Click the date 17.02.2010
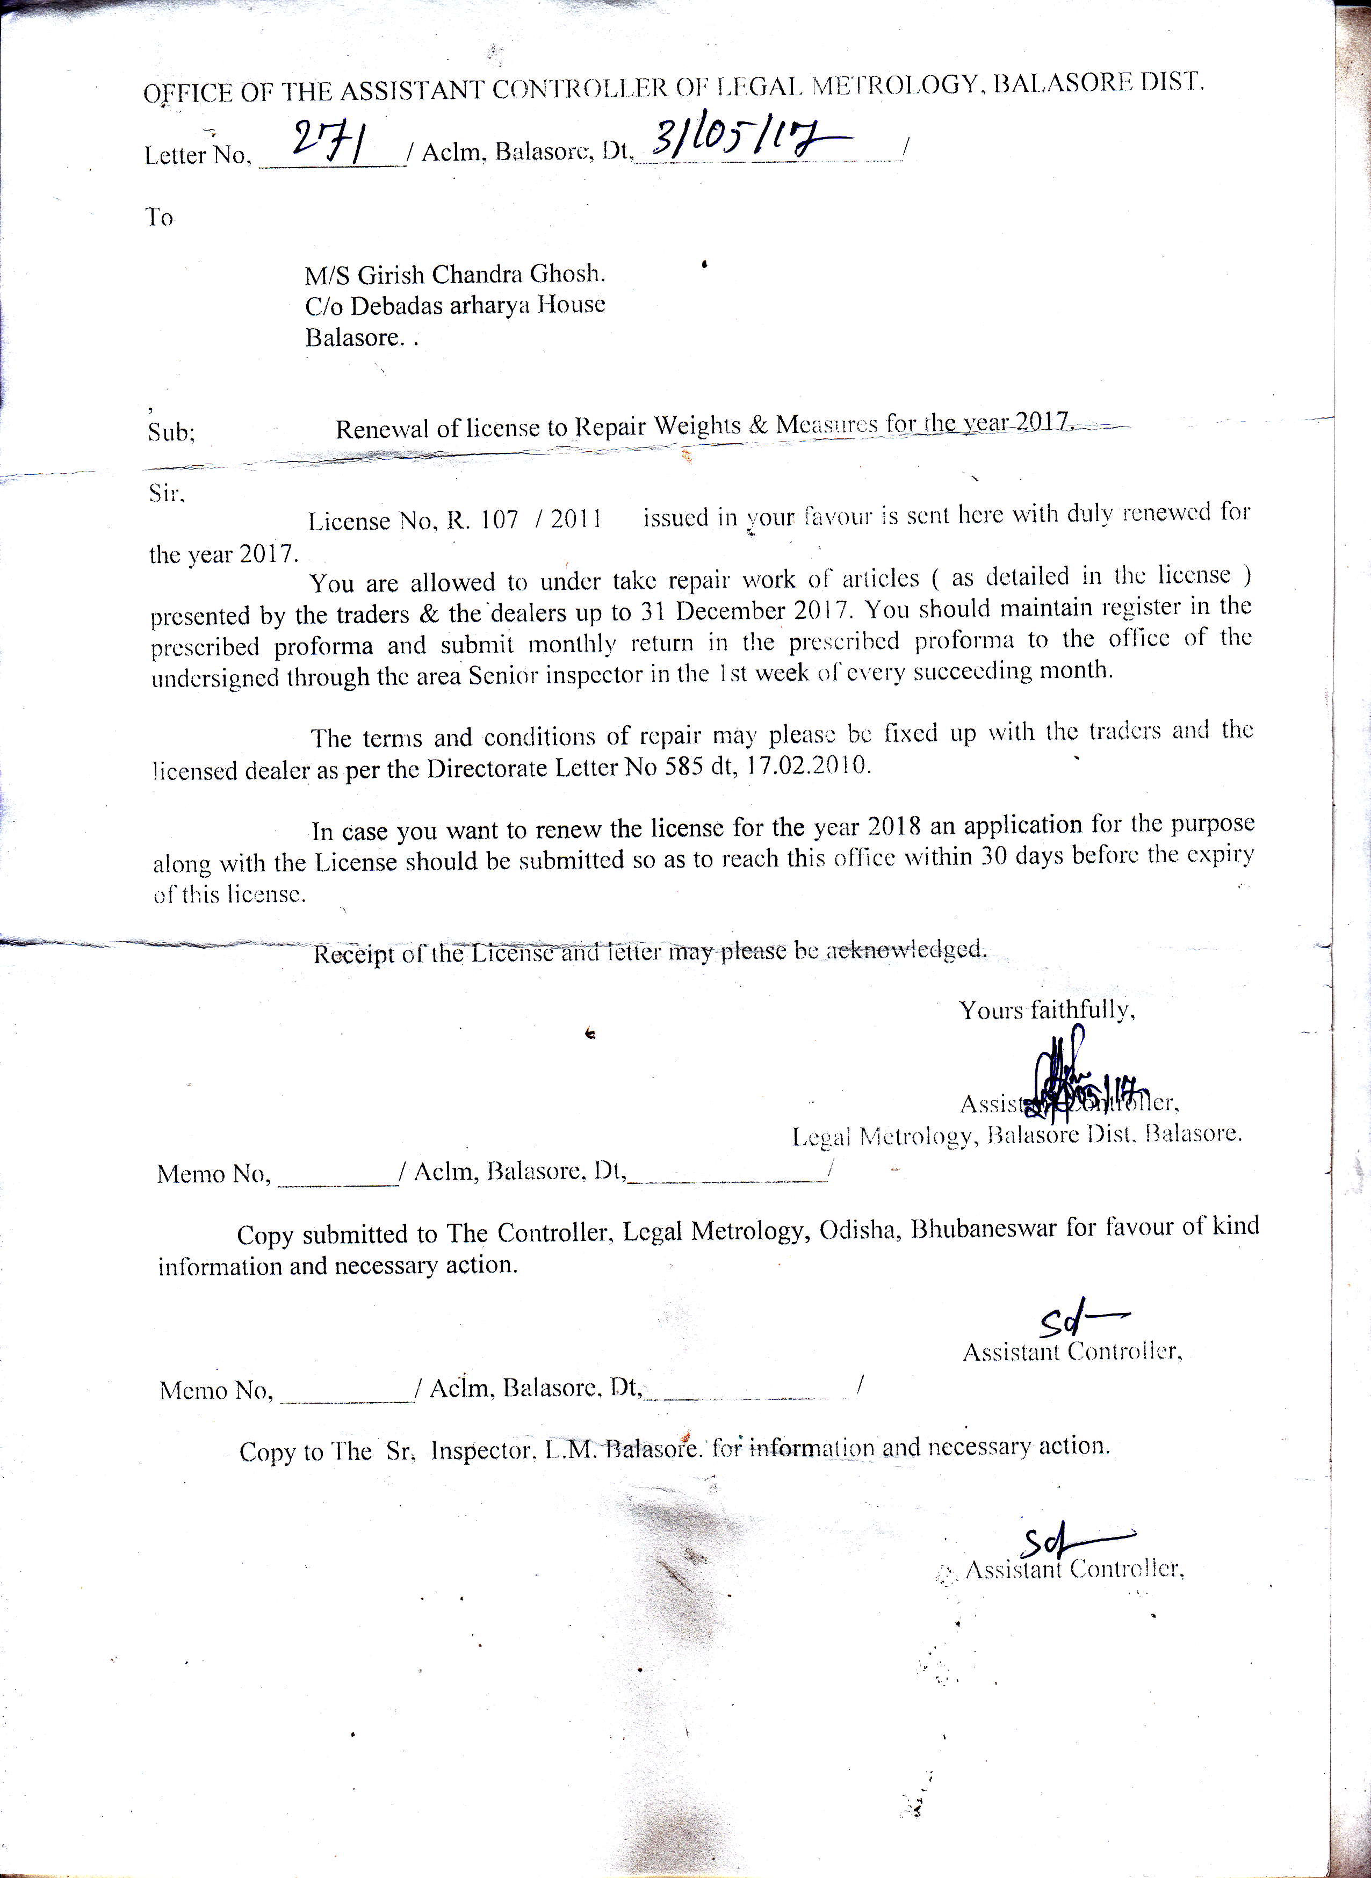pos(809,765)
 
